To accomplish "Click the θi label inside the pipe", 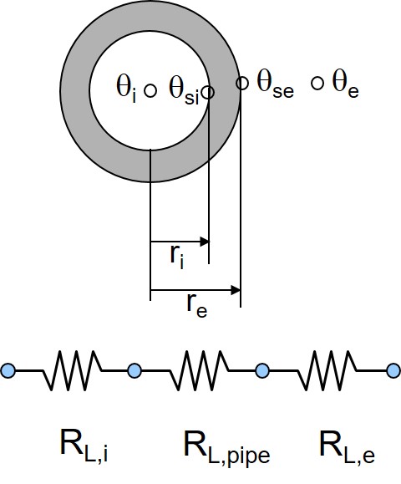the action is pos(126,88).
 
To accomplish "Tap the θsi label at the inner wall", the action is pos(184,89).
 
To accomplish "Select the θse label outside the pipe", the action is pos(275,85).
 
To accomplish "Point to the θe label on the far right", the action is pos(345,84).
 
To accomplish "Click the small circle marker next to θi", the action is pos(150,91).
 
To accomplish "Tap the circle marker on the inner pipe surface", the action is pos(208,92).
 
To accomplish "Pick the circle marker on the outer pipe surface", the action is pos(242,83).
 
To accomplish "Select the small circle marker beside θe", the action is pos(317,84).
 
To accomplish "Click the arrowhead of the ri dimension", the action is pos(205,242).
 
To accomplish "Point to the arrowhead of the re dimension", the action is pos(236,290).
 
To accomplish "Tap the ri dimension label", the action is pos(177,257).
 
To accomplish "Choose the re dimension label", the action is pos(197,306).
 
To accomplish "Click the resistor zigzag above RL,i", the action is pos(73,369).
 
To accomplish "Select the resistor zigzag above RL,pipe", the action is pos(199,369).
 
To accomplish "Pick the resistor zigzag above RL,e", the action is pos(327,369).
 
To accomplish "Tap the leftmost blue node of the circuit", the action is pos(8,370).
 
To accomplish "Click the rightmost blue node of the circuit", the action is pos(394,370).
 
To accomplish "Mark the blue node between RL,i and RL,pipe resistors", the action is pos(135,370).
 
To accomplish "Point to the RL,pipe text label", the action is pos(226,449).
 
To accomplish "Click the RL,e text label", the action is pos(348,447).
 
